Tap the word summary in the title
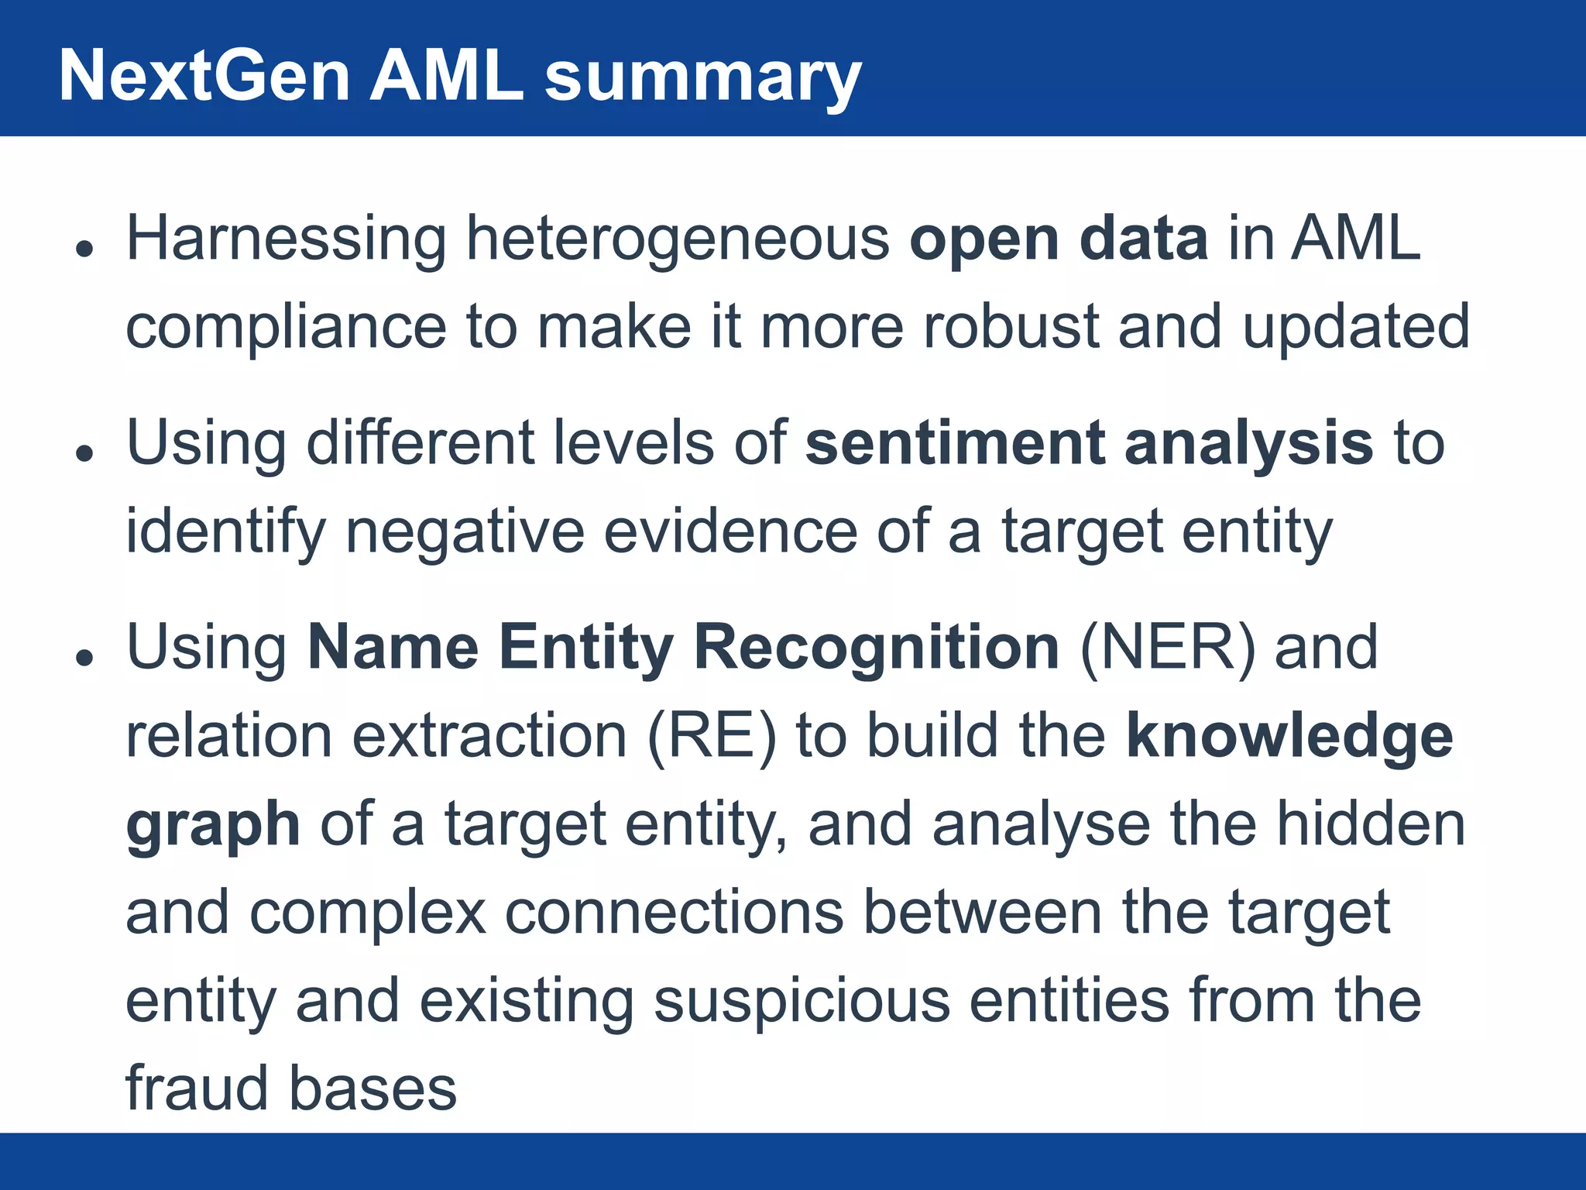point(702,77)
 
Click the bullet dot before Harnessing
point(84,249)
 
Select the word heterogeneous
point(678,239)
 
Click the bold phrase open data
point(1058,239)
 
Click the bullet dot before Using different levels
point(84,453)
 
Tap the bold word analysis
point(1248,445)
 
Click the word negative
point(465,532)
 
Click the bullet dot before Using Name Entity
point(84,658)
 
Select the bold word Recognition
point(876,648)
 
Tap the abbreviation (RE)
point(711,736)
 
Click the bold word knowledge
point(1289,736)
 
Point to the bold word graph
point(213,826)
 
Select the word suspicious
point(802,1000)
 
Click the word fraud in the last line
point(197,1088)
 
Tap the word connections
point(674,912)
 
